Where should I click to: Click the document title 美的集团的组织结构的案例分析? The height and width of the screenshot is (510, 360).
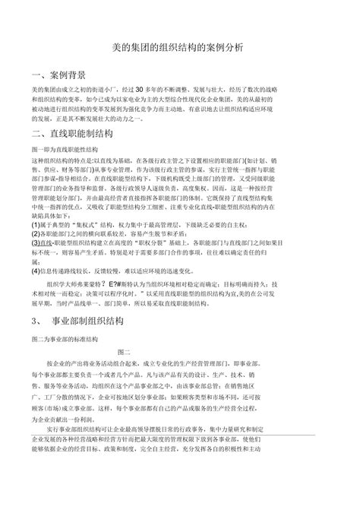[x=180, y=47]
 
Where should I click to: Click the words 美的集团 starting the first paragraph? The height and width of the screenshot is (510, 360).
[x=43, y=90]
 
